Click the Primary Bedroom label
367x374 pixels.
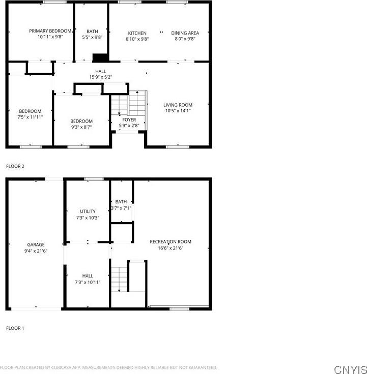(50, 32)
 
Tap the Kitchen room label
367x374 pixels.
(137, 33)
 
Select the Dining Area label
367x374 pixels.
(185, 33)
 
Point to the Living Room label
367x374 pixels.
(178, 105)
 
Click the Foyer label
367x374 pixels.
(129, 120)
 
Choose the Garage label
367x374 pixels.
(36, 244)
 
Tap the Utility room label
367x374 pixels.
(88, 211)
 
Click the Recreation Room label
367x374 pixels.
(171, 241)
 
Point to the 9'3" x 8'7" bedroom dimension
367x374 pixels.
(81, 127)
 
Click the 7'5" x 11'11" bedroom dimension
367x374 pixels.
(30, 117)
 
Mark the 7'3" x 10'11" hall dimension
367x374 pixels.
(88, 282)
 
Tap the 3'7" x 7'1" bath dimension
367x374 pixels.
(121, 208)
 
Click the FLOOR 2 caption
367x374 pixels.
(15, 166)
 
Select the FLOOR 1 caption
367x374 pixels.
(15, 328)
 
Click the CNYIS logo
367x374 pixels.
(350, 368)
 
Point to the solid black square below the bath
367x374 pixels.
(100, 58)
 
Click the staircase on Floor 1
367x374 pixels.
(119, 279)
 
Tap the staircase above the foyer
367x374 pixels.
(129, 103)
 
